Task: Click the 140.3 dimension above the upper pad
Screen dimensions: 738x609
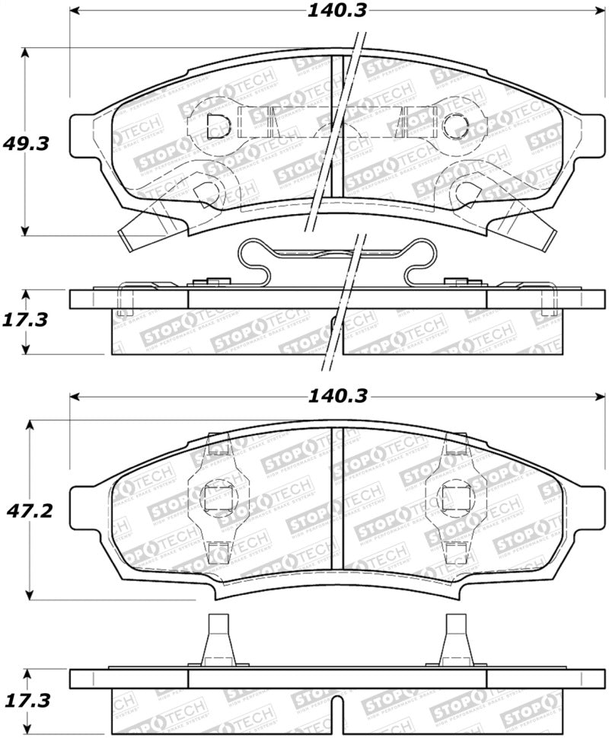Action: (336, 11)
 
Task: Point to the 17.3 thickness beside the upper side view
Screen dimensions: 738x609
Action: (24, 320)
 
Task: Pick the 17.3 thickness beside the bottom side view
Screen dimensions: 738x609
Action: (24, 700)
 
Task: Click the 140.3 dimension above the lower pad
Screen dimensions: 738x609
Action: (336, 396)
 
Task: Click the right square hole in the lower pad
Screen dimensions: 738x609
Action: (454, 499)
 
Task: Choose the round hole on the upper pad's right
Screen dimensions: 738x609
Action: (455, 124)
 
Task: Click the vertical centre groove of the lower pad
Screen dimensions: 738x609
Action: (337, 499)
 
